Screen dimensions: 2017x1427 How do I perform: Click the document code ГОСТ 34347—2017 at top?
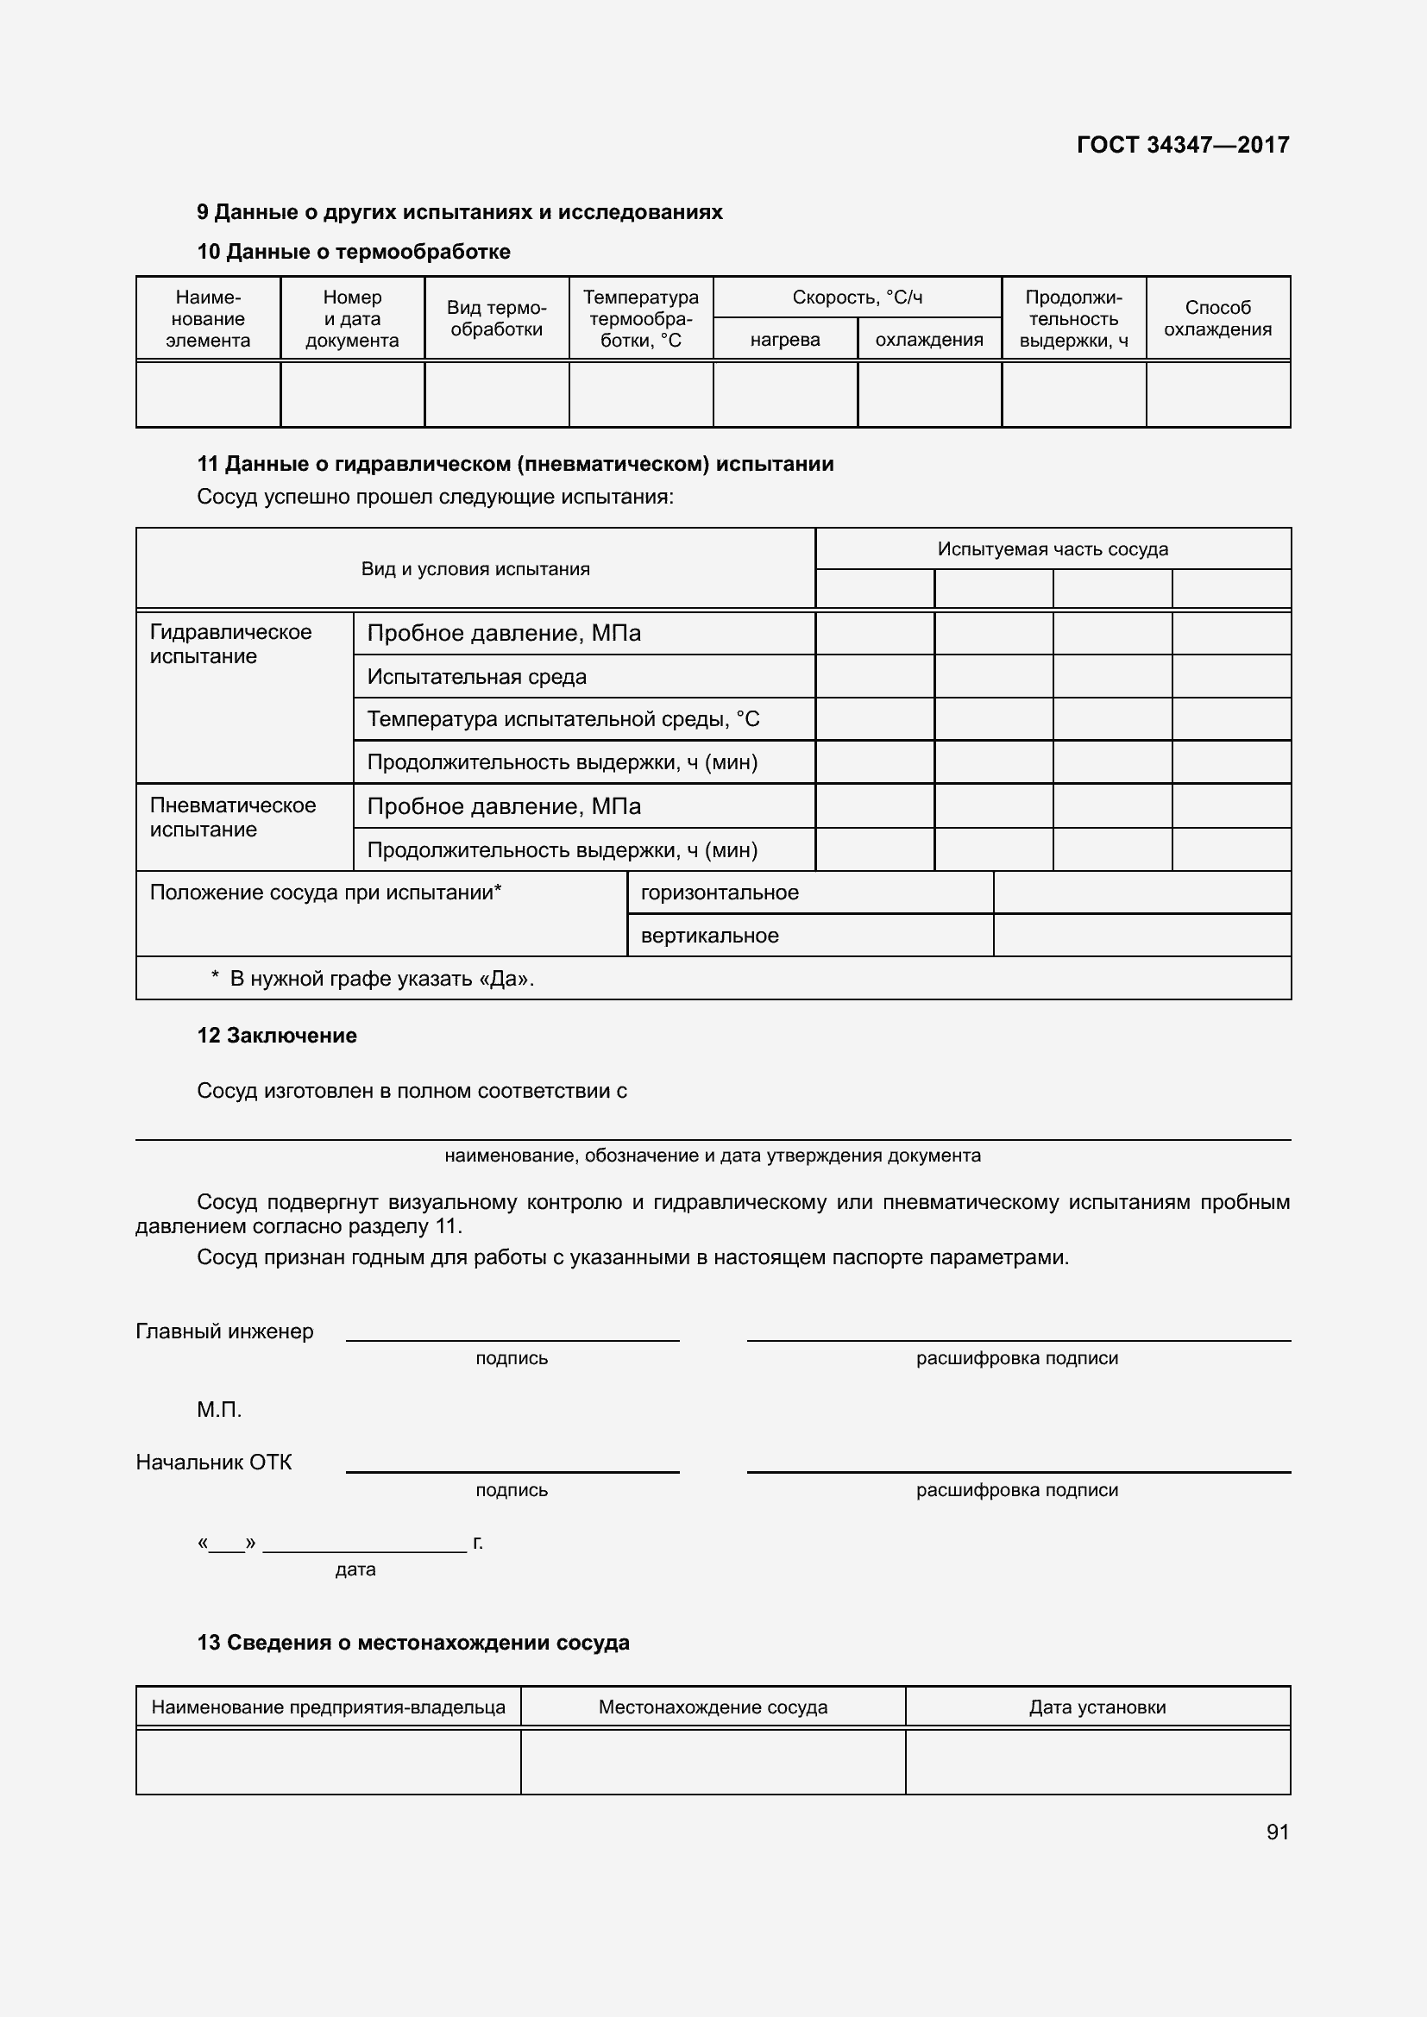tap(1182, 145)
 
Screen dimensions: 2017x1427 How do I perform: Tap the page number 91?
tap(1277, 1831)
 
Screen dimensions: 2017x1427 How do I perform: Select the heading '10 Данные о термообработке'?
tap(353, 251)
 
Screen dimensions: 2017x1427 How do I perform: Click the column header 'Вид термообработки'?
tap(496, 318)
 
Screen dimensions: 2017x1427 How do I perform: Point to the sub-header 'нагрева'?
tap(784, 340)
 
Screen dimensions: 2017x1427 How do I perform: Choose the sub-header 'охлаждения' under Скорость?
tap(929, 340)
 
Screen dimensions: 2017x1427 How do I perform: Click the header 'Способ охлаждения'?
tap(1217, 318)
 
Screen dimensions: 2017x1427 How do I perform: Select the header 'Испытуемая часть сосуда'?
tap(1052, 549)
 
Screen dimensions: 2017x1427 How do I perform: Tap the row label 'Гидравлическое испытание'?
tap(230, 644)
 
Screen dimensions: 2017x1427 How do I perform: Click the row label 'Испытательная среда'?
tap(476, 676)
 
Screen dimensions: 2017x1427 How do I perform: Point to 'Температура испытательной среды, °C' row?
tap(563, 719)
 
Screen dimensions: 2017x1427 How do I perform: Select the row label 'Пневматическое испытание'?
tap(232, 817)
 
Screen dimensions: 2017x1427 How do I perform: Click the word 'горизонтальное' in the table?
tap(719, 893)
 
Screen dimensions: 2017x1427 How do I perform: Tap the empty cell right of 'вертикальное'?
tap(1141, 936)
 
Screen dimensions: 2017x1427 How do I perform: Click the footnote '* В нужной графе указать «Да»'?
tap(374, 979)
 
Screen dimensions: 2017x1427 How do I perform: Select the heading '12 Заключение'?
tap(277, 1035)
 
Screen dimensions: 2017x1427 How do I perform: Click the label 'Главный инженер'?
tap(224, 1331)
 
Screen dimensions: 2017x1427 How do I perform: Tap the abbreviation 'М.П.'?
tap(219, 1409)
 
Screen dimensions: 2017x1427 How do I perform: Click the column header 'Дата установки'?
tap(1097, 1707)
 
